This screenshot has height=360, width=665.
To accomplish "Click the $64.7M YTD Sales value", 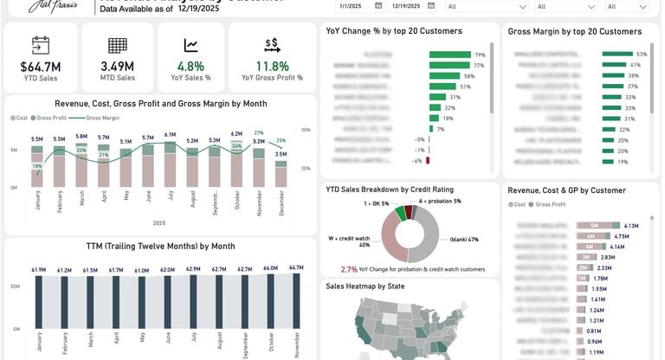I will tap(40, 66).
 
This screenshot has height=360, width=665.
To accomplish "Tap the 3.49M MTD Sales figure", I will tap(117, 66).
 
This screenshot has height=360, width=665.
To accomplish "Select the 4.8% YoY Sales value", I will tap(190, 66).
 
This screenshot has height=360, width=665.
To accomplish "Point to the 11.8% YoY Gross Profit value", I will tap(273, 66).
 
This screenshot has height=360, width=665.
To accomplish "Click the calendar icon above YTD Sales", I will tap(40, 45).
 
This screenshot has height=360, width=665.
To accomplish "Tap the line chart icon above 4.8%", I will tap(191, 45).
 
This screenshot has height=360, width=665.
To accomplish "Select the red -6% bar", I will tap(427, 160).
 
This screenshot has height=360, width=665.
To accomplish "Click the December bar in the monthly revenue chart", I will tap(281, 174).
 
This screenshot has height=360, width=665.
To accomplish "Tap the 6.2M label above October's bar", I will tap(236, 134).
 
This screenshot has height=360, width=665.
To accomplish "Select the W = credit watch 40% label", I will tap(346, 241).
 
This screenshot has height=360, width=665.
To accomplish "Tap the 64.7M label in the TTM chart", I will tap(296, 268).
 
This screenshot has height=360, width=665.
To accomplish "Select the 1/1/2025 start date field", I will tap(351, 5).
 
